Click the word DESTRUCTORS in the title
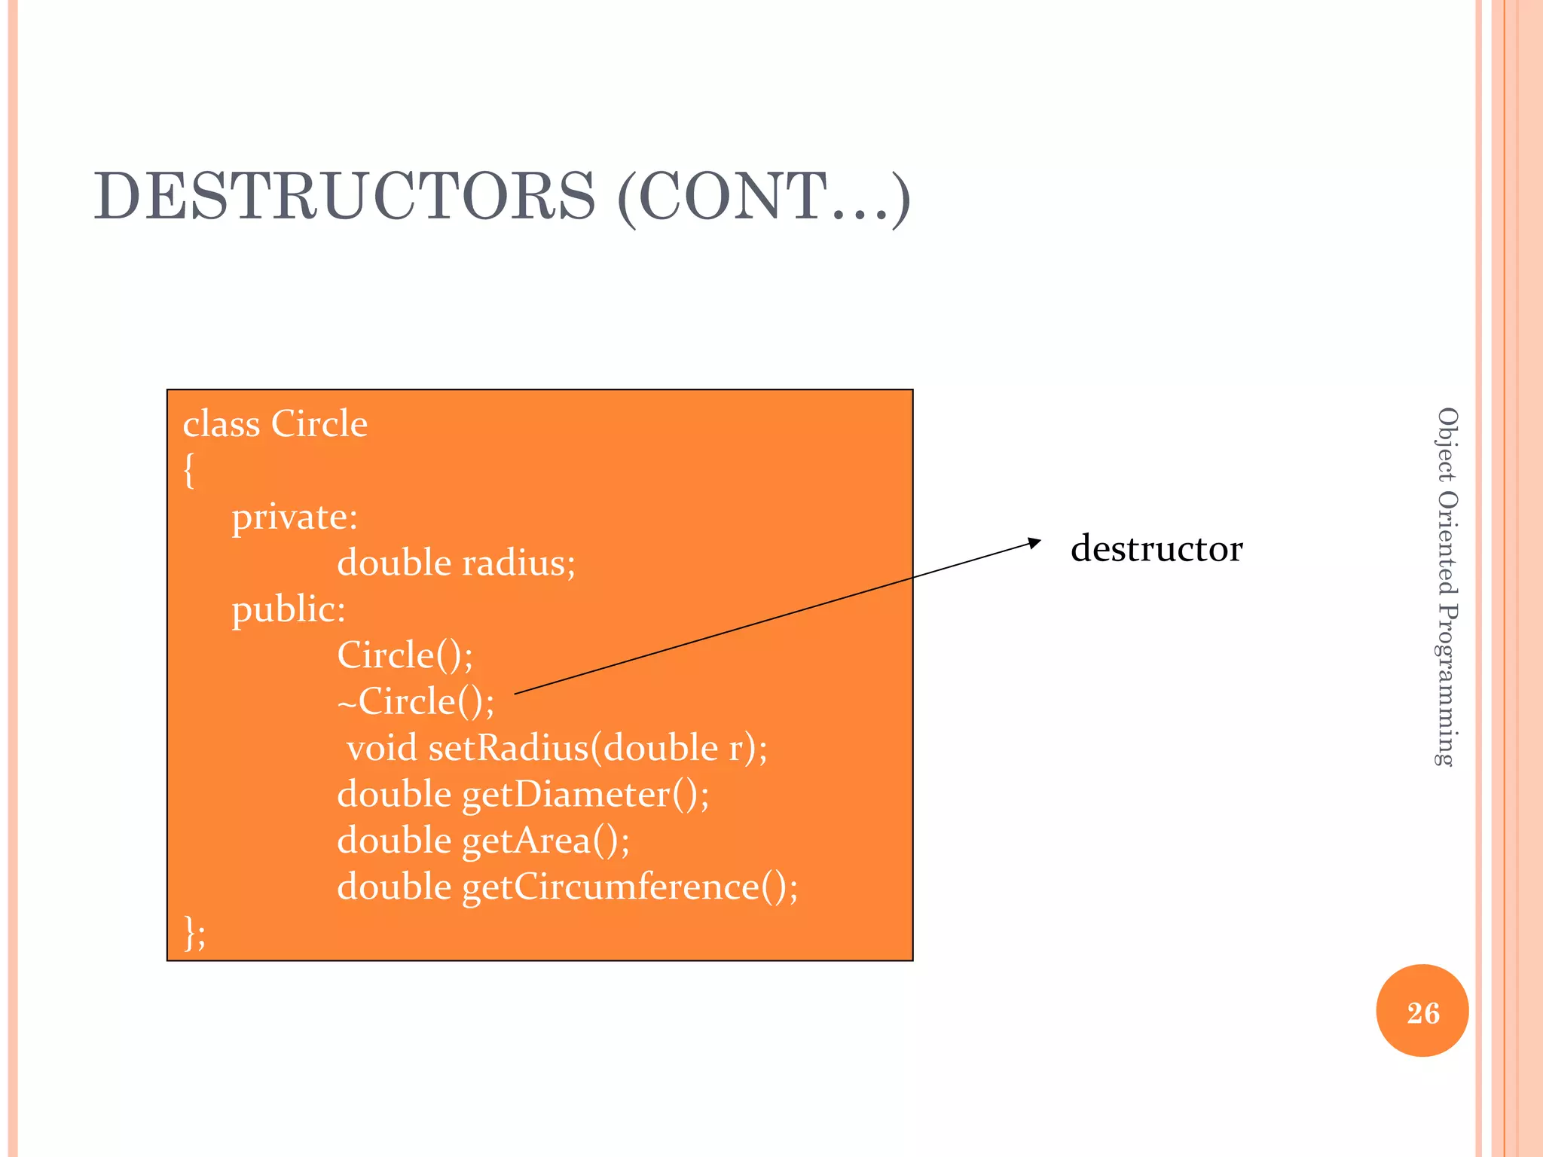[x=344, y=196]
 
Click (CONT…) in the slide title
[x=763, y=197]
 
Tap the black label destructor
[x=1156, y=548]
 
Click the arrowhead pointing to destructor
[x=1034, y=542]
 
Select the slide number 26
[x=1422, y=1012]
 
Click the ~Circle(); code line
[x=416, y=701]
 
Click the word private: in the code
[x=294, y=517]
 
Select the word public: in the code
[x=289, y=609]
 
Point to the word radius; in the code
[x=518, y=563]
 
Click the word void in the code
[x=381, y=748]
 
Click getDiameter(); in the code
[x=585, y=795]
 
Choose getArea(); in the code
[x=545, y=841]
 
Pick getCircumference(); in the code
[x=630, y=887]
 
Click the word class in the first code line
[x=221, y=424]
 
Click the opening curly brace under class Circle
[x=189, y=471]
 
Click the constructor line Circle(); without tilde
[x=405, y=655]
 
